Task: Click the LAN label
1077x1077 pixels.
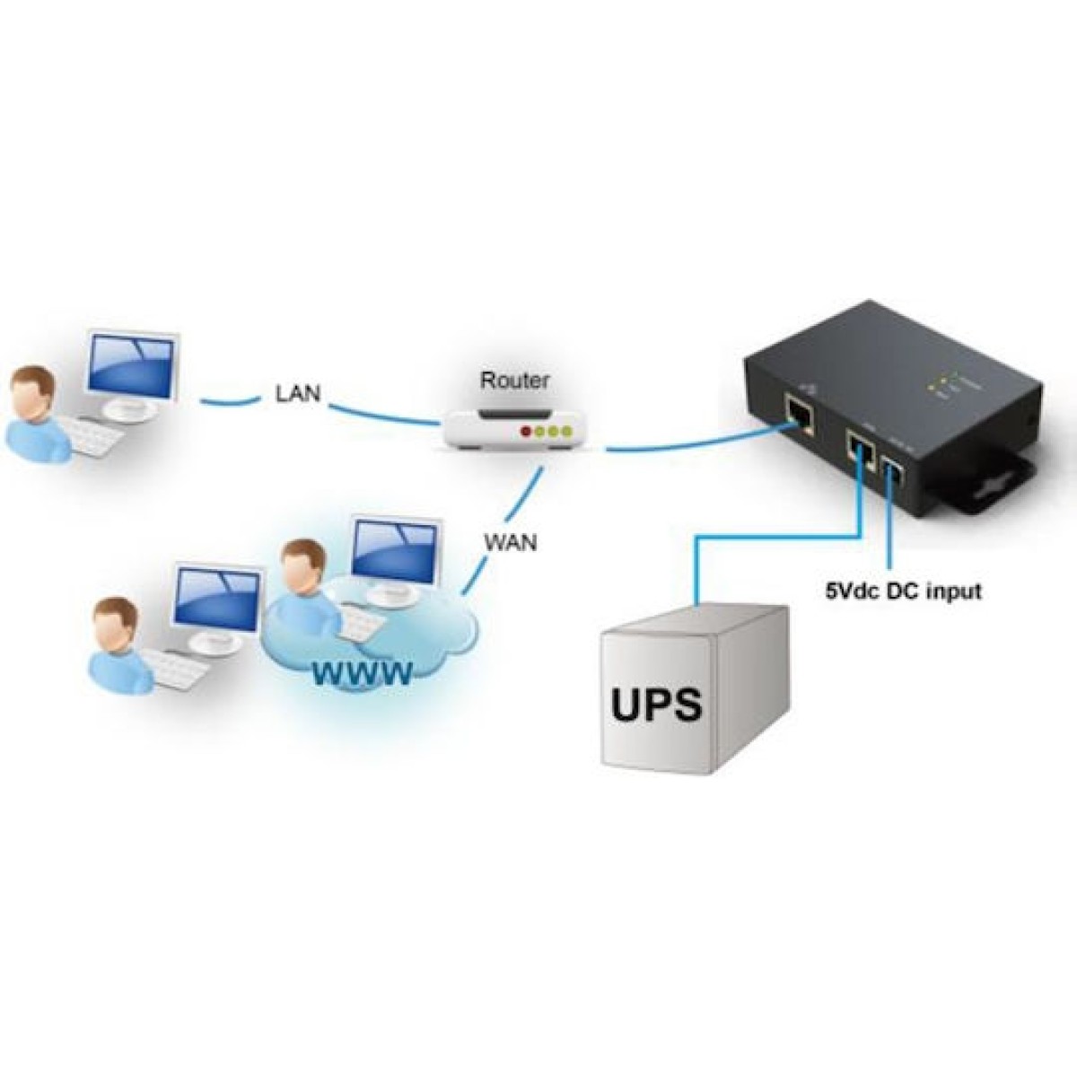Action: (x=296, y=393)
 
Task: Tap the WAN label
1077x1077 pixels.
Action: (x=510, y=543)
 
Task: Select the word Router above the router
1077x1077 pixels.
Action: (x=513, y=380)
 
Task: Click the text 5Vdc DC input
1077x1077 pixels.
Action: (x=902, y=591)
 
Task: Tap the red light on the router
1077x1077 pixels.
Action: (x=525, y=433)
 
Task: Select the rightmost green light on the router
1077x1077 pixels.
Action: (x=565, y=433)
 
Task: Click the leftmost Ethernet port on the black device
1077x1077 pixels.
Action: (x=798, y=417)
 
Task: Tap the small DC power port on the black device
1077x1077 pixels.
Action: (x=896, y=470)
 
